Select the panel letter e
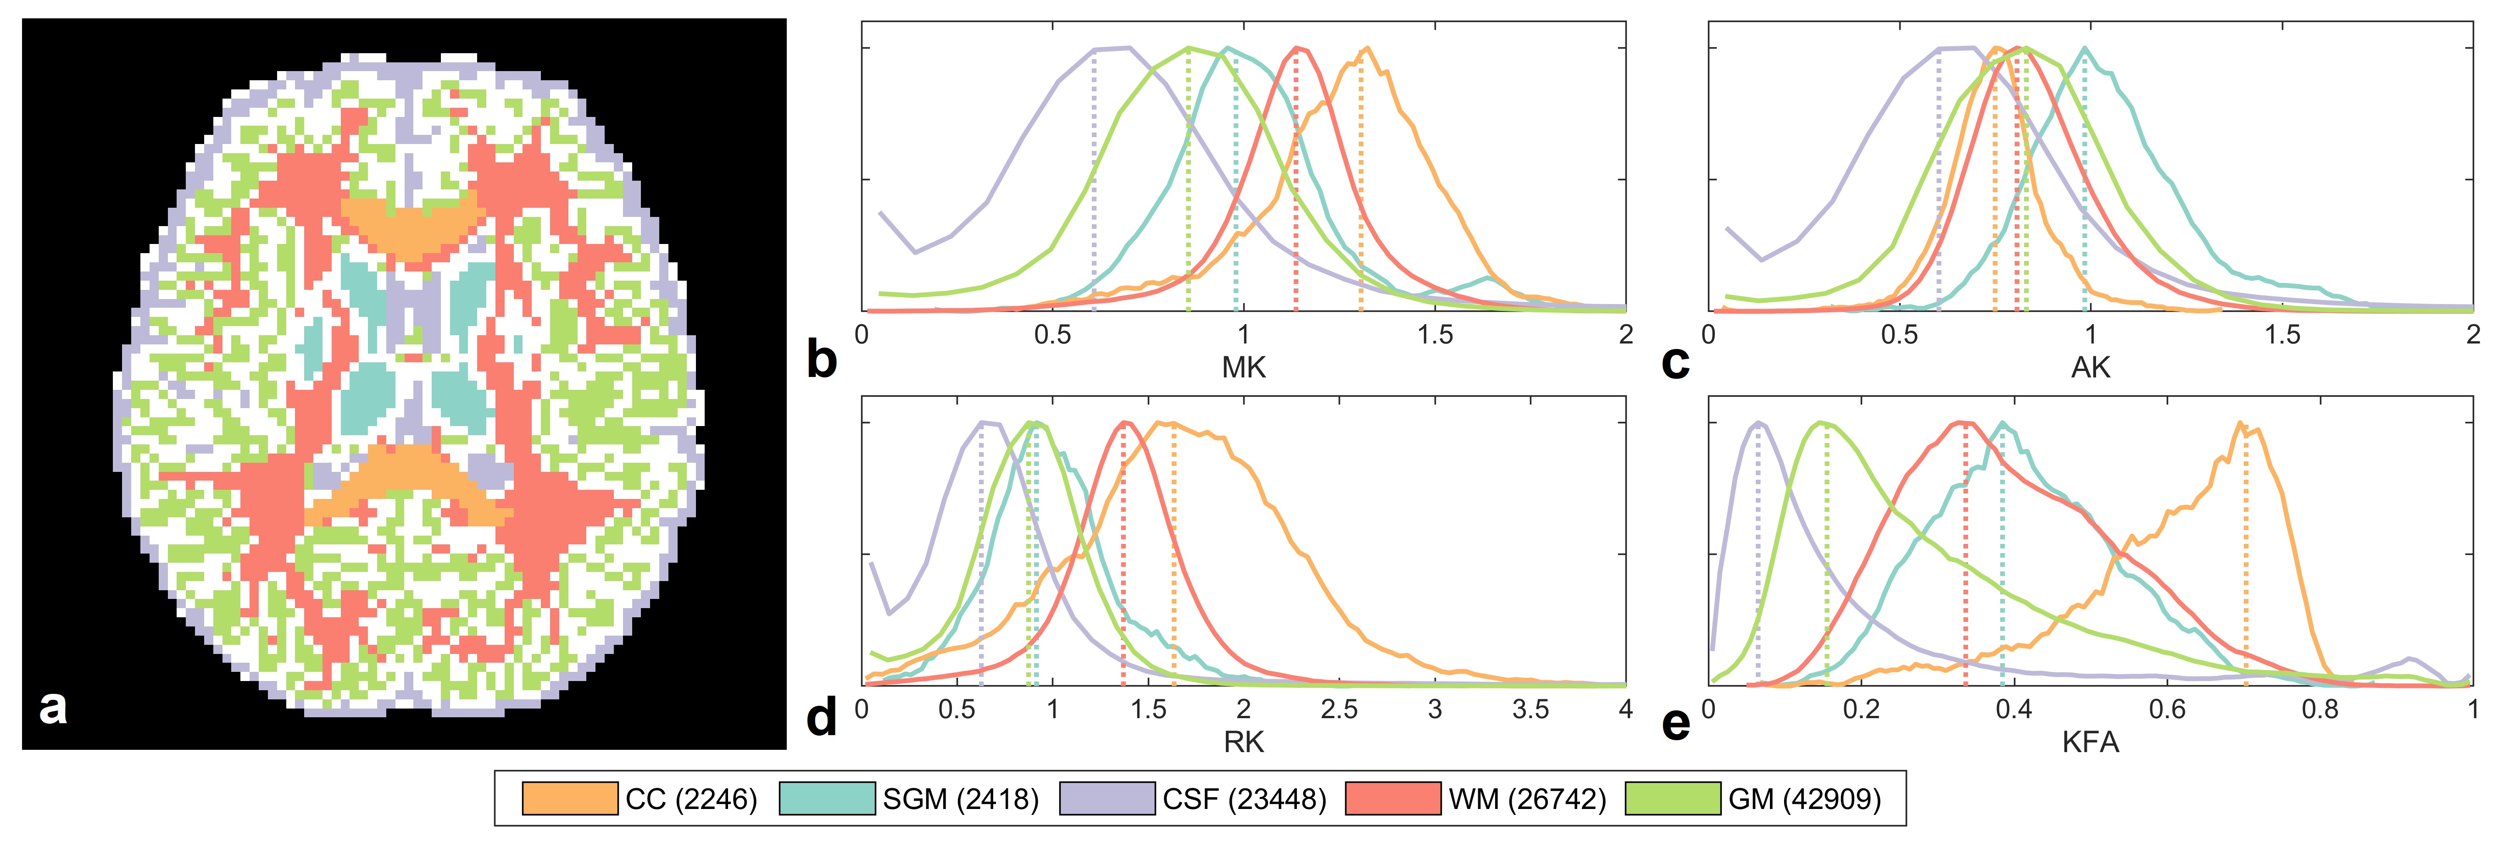1676,724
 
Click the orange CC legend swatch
569,798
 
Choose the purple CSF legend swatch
1107,798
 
